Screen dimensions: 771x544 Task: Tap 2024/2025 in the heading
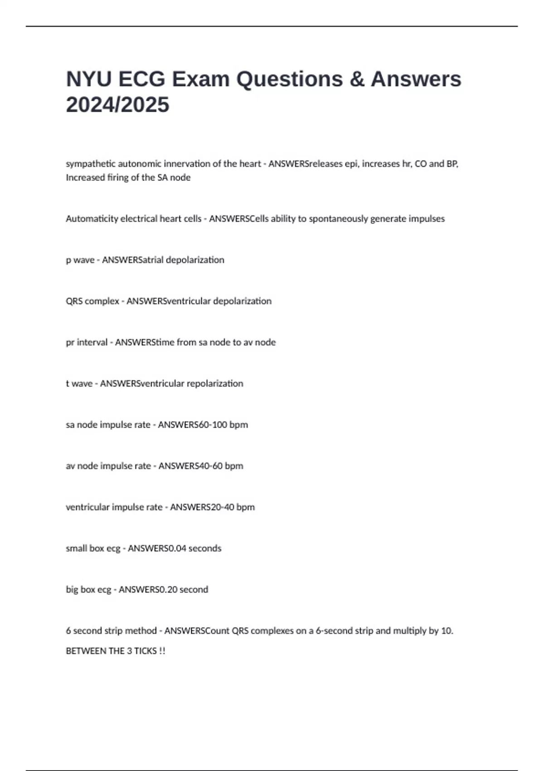click(117, 105)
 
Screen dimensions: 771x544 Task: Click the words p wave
click(80, 260)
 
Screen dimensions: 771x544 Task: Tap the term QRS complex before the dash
click(92, 301)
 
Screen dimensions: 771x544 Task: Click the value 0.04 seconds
click(194, 548)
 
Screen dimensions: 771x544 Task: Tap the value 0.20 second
click(184, 590)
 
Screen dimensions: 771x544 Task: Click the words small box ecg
click(93, 548)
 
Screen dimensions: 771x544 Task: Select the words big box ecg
click(88, 590)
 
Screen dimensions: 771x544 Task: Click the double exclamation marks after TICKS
click(162, 651)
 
